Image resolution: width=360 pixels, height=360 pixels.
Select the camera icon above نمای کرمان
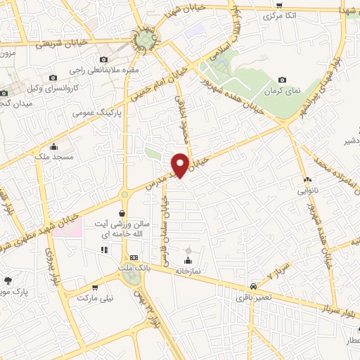tap(283, 80)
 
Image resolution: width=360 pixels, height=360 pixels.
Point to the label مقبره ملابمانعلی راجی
tap(105, 70)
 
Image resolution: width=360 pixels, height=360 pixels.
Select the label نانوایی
tap(307, 191)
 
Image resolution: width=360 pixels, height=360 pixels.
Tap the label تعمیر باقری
tap(251, 298)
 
